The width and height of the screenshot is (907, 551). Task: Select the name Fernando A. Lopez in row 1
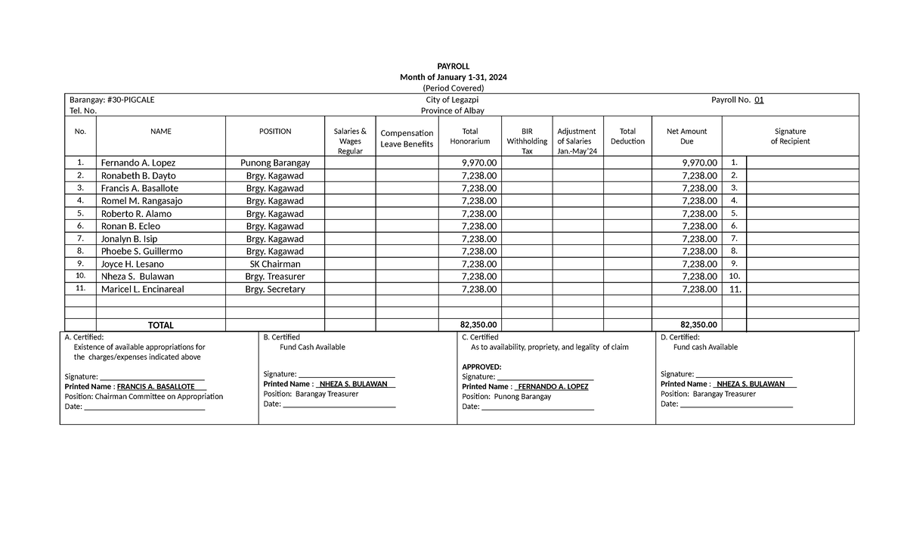click(138, 163)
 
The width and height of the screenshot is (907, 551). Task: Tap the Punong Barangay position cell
click(275, 163)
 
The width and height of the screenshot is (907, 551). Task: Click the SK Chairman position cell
click(275, 264)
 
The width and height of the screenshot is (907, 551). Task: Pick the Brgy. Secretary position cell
click(275, 289)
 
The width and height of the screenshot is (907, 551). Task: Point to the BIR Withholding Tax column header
click(527, 141)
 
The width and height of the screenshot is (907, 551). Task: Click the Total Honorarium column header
click(469, 136)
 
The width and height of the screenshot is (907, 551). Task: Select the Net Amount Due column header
click(686, 136)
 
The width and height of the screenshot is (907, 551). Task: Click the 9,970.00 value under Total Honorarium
click(479, 163)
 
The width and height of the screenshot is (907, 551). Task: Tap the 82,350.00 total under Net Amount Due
click(698, 325)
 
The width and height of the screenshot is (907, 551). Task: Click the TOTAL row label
click(160, 325)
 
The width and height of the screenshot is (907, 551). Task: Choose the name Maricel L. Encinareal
click(142, 289)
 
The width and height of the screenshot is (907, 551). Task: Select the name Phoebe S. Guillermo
click(141, 251)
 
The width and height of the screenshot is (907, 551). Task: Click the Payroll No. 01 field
click(738, 100)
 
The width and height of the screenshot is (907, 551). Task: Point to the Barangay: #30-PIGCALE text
click(112, 100)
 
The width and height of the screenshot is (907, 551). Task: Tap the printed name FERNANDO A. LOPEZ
click(553, 386)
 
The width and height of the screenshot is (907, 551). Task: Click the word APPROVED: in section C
click(481, 367)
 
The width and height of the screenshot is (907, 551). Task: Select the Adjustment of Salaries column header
click(576, 141)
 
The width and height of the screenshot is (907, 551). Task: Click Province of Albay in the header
click(452, 110)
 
